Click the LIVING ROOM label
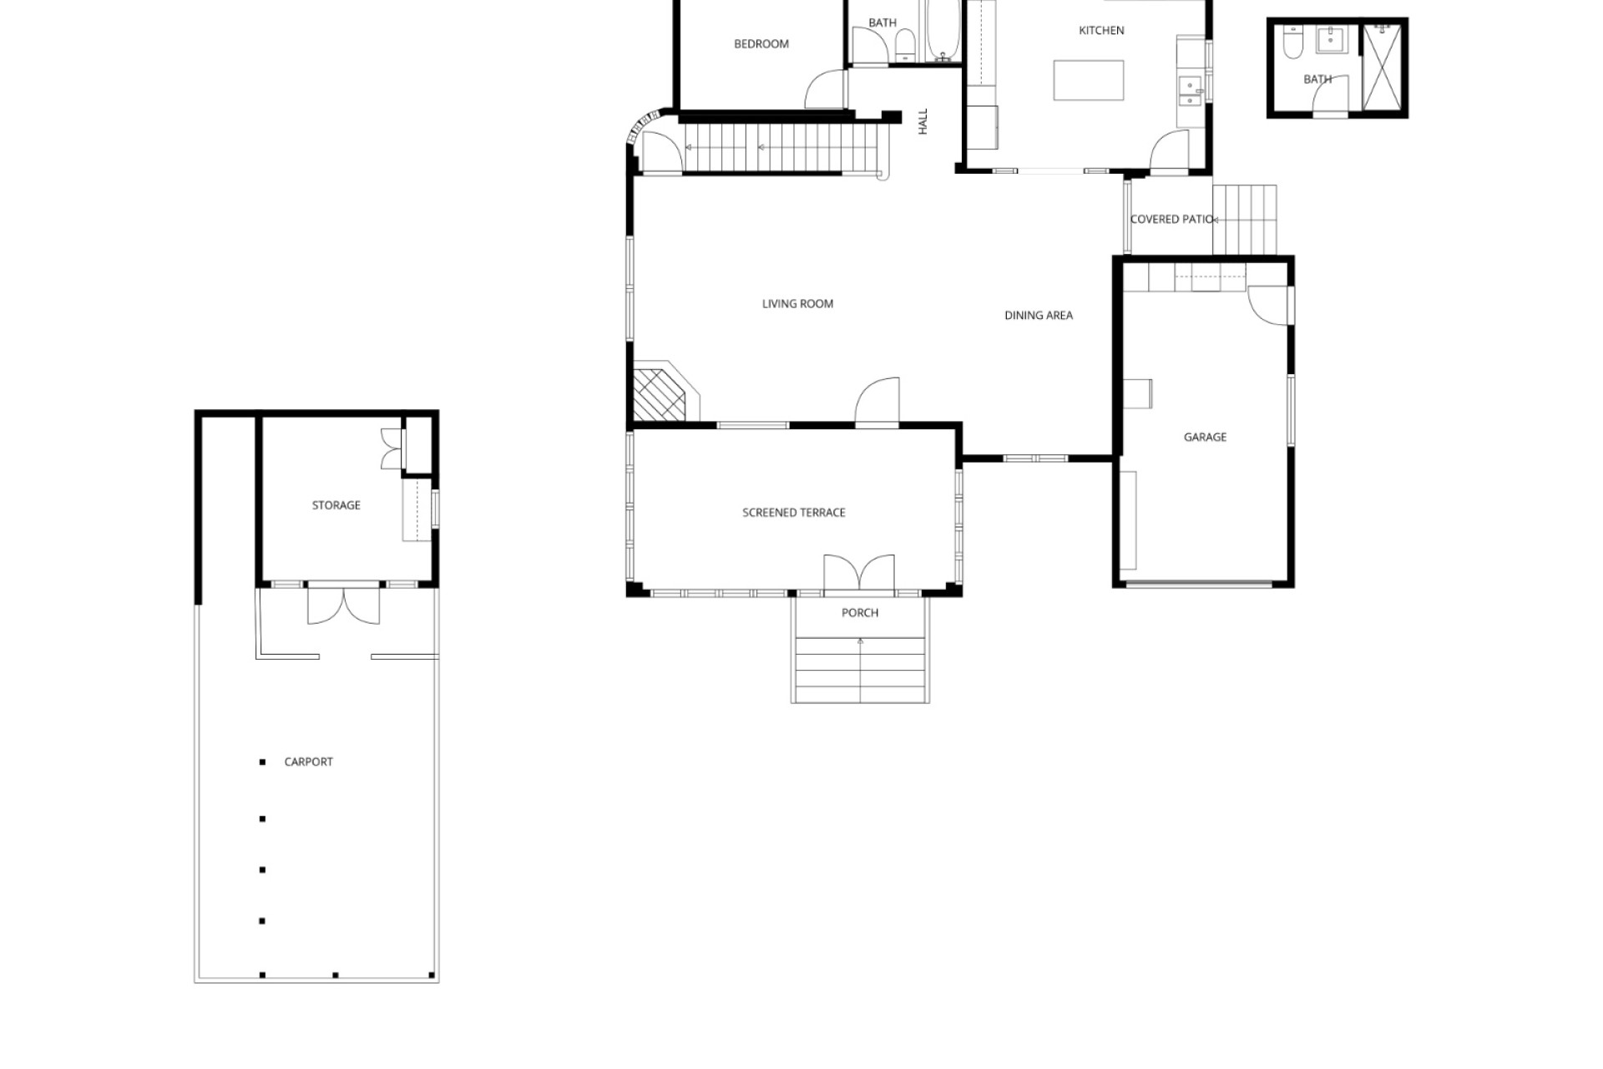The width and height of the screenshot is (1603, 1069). [797, 304]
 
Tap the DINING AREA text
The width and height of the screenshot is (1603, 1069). [1039, 316]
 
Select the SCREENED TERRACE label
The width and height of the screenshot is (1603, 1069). [794, 513]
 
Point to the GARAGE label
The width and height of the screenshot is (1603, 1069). [1205, 437]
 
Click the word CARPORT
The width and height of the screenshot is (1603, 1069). [308, 762]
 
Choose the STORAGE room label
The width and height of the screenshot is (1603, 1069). [336, 505]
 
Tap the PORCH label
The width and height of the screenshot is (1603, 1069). [860, 613]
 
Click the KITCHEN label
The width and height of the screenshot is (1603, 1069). [1101, 30]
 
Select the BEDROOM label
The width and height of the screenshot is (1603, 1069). [761, 44]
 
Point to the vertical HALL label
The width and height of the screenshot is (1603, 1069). [923, 122]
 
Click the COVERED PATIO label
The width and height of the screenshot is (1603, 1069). [1171, 220]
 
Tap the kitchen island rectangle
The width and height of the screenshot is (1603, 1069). [1088, 80]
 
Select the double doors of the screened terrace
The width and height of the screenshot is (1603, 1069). [859, 574]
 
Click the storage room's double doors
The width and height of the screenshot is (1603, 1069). [344, 605]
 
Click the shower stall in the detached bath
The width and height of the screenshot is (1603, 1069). [1382, 67]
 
